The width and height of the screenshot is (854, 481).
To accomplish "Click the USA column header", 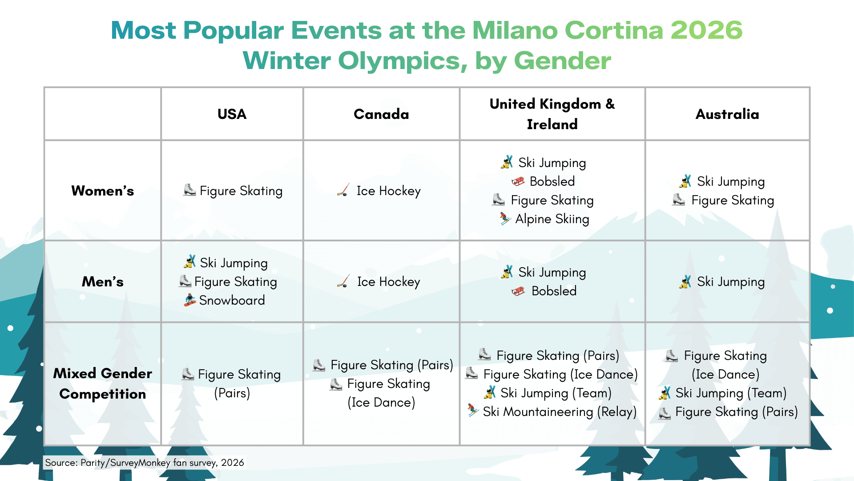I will [x=232, y=114].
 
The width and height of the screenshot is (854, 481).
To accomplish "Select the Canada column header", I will [x=381, y=114].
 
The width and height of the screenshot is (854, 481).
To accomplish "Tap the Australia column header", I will [x=727, y=114].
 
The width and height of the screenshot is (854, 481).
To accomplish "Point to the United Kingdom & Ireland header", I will [x=552, y=114].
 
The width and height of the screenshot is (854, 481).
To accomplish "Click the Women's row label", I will [x=103, y=191].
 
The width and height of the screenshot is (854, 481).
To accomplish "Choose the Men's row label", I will [x=103, y=281].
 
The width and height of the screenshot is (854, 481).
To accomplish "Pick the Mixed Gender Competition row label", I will [x=103, y=383].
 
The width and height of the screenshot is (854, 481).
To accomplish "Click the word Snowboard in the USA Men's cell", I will [x=232, y=300].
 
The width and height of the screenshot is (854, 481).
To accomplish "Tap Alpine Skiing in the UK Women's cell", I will [x=552, y=219].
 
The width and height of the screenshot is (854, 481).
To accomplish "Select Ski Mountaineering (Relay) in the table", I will [x=560, y=412].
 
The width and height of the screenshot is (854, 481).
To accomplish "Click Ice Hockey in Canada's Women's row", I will [x=388, y=191].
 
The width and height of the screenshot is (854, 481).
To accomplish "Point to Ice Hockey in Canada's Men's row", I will [x=388, y=282].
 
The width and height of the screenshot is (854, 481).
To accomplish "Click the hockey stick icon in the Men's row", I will [x=343, y=281].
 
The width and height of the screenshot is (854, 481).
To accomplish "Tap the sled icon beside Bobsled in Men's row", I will [x=518, y=291].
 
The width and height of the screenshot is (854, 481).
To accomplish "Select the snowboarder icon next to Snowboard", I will [x=190, y=300].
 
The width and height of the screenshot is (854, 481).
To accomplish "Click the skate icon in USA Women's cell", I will [x=189, y=190].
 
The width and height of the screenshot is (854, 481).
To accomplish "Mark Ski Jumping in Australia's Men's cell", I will [x=730, y=282].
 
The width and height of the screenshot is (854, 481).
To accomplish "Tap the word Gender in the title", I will [x=562, y=61].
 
